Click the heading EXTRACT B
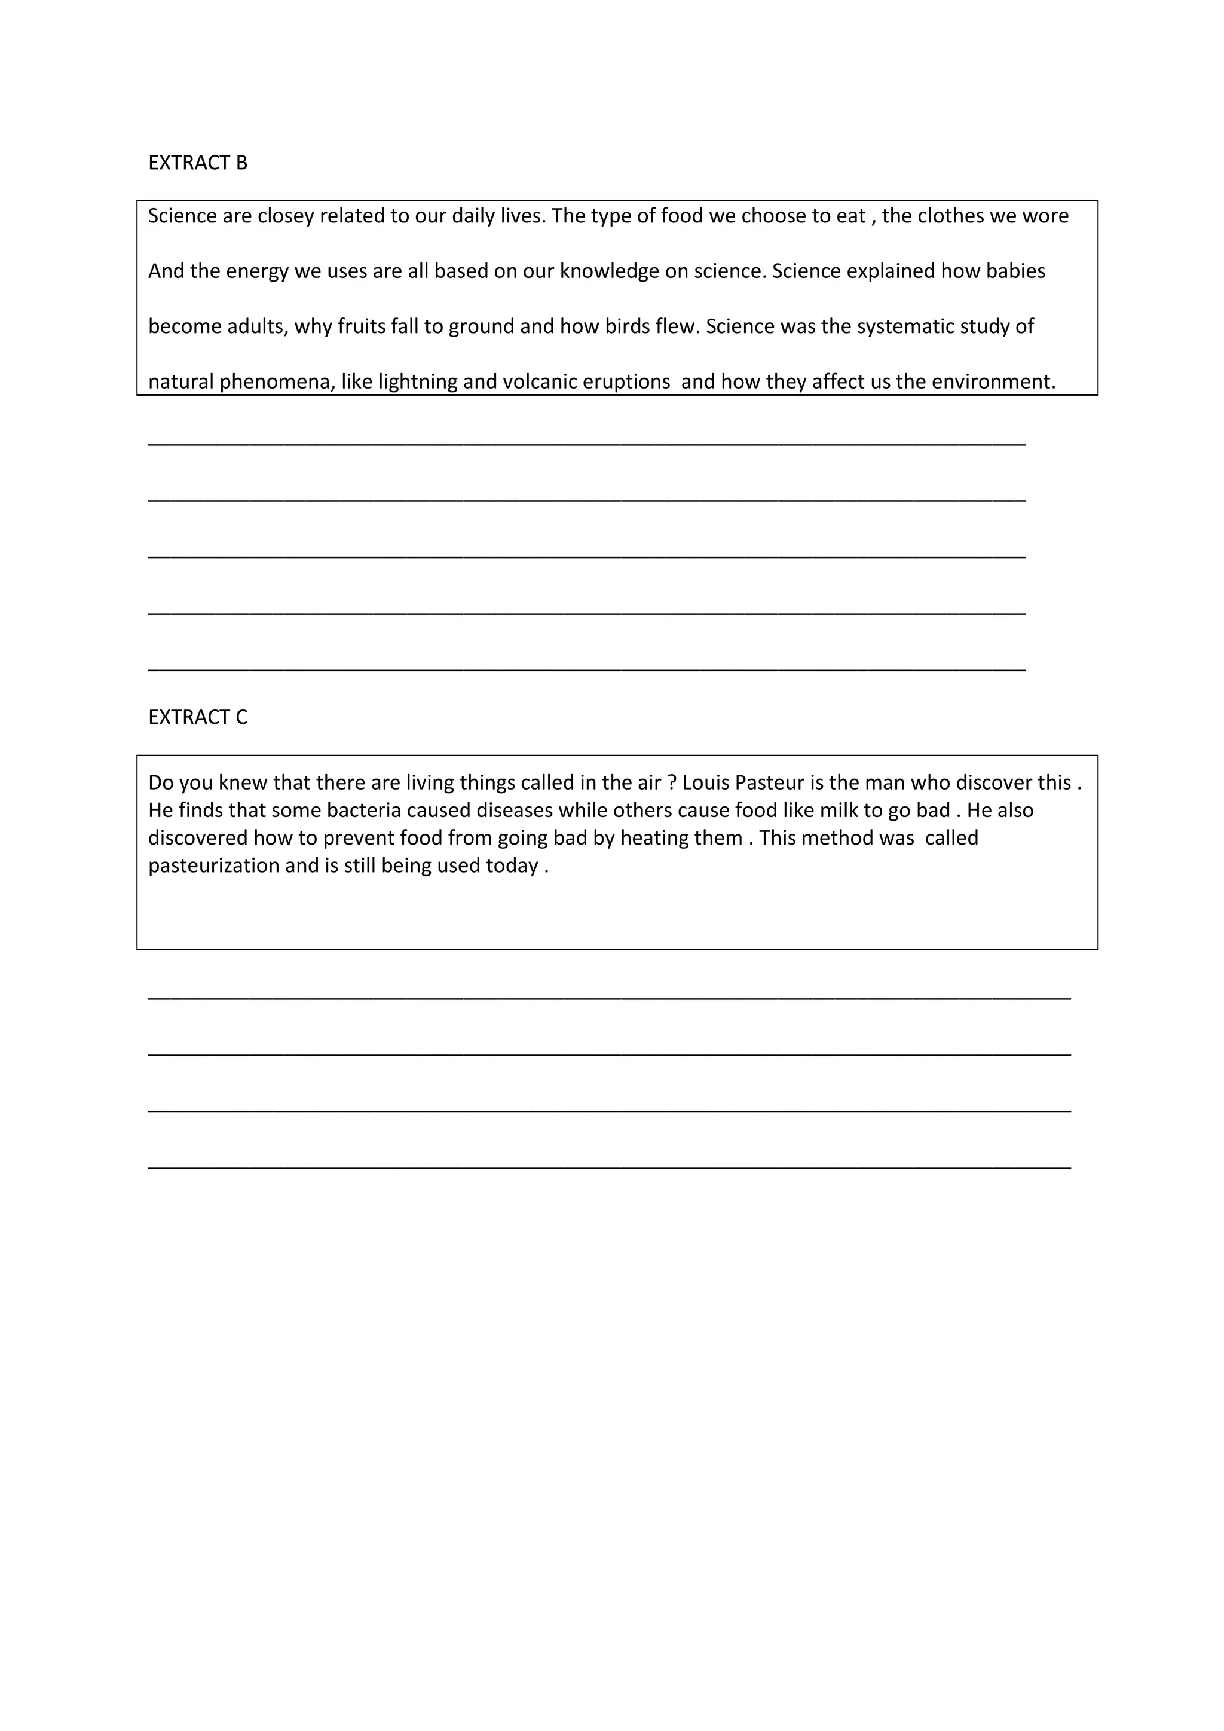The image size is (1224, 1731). pos(197,163)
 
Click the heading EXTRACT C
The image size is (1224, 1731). pos(197,717)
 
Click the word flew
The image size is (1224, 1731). pos(677,326)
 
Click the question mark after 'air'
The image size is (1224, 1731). pos(672,782)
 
